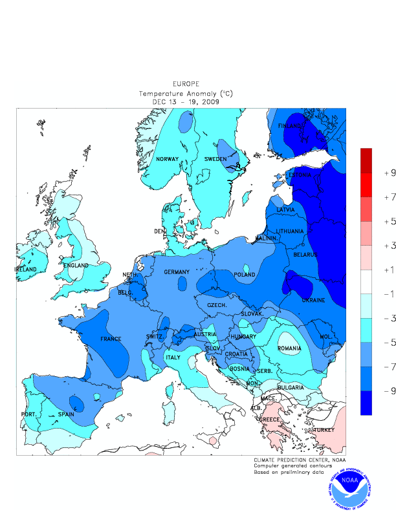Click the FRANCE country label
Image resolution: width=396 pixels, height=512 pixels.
(x=111, y=339)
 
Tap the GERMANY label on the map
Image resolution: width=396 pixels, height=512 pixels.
(x=176, y=272)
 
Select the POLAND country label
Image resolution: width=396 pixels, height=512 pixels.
(x=245, y=274)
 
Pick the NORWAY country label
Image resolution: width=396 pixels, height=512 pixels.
(x=167, y=159)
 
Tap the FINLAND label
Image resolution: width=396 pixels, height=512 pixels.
(x=290, y=125)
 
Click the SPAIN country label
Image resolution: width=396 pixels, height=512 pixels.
(x=66, y=414)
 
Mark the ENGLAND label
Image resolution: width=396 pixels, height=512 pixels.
(x=76, y=265)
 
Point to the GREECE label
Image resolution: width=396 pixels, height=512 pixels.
(x=269, y=420)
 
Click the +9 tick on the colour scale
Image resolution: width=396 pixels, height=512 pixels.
(x=390, y=173)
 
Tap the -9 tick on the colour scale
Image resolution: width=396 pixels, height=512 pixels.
(x=390, y=391)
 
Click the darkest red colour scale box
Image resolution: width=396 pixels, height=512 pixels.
(x=366, y=160)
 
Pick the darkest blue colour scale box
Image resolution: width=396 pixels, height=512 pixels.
(x=366, y=403)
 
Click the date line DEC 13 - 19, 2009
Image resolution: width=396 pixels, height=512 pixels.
(x=186, y=101)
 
